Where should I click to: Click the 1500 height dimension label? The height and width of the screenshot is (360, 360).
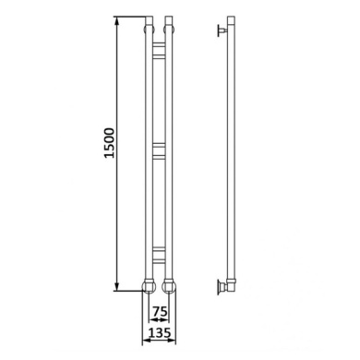(x=109, y=143)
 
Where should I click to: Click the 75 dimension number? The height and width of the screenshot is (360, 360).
(x=160, y=312)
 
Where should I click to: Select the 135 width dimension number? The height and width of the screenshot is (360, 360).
(x=160, y=332)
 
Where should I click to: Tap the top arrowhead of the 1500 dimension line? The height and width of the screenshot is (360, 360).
(x=116, y=21)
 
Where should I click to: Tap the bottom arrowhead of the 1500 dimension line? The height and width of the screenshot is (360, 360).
(x=116, y=285)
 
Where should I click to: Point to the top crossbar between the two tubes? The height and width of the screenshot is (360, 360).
(x=159, y=50)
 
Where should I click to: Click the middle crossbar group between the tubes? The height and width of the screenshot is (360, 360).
(x=159, y=151)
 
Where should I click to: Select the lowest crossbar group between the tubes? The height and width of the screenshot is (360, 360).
(x=159, y=255)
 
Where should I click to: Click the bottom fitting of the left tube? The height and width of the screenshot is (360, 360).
(x=149, y=285)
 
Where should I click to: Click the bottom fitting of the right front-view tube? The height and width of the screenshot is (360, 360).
(x=169, y=285)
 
